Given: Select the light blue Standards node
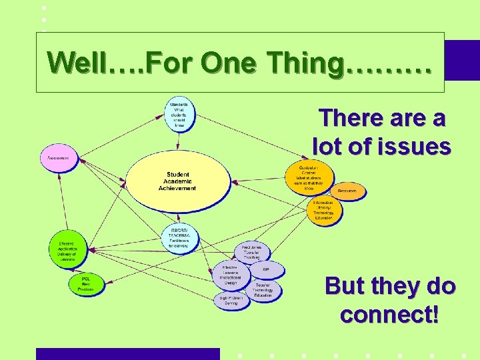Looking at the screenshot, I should tap(180, 114).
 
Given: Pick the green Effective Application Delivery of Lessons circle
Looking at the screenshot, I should tap(67, 250).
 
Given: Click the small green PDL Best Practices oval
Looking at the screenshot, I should tap(86, 284).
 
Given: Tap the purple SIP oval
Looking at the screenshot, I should tap(266, 269).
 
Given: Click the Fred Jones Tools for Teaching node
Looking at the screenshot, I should tap(252, 251).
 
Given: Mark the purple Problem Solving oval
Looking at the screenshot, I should tap(231, 300).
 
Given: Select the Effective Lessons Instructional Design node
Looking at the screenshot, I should tap(231, 275).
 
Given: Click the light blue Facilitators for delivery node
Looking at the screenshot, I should tap(179, 238).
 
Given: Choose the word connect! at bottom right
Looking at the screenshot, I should tap(389, 313).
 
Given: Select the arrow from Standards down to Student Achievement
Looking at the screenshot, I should tap(179, 142).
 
